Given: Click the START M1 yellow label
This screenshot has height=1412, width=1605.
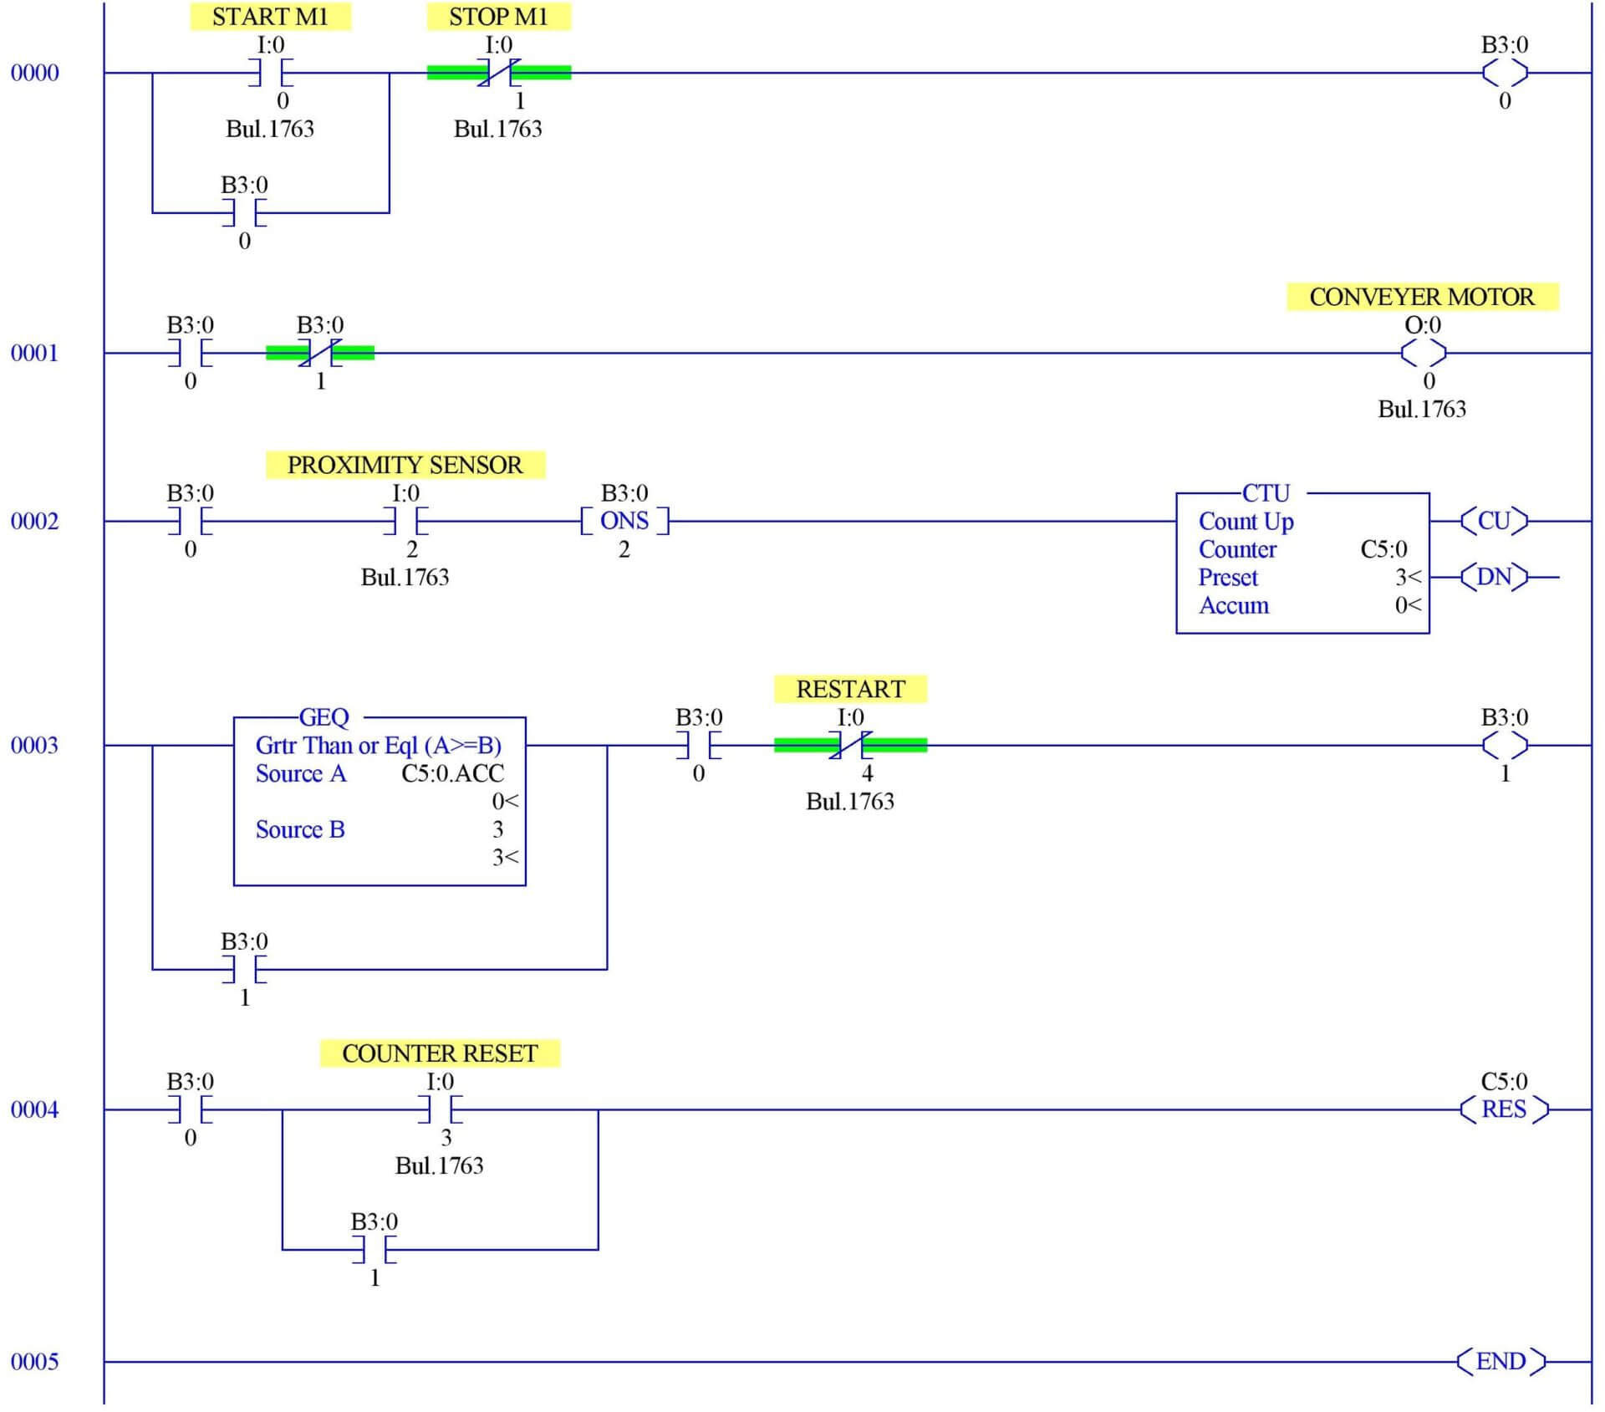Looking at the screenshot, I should tap(270, 17).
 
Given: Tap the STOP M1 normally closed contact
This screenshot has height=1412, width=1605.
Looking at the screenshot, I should tap(499, 73).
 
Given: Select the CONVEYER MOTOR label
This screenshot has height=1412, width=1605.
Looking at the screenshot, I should tap(1421, 297).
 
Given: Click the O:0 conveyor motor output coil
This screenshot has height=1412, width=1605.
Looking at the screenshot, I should tap(1423, 353).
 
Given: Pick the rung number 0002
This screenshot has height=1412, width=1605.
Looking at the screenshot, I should tap(34, 522).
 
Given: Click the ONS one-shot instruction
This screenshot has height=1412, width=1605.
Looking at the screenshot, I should tap(624, 521).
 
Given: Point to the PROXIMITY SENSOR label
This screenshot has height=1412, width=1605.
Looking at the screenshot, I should tap(405, 465).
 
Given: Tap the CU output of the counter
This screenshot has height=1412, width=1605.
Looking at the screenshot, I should tap(1494, 521).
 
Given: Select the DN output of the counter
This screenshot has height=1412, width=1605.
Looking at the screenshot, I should tap(1494, 577).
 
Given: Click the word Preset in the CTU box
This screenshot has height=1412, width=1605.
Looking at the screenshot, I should tap(1227, 578).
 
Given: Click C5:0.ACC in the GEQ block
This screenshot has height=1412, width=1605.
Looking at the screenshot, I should tap(452, 773).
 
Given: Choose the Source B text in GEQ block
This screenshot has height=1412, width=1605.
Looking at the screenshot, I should tap(299, 829).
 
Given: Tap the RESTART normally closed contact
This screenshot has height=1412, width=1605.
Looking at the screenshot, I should tap(850, 745).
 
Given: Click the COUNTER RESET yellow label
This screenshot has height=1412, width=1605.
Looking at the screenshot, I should tap(440, 1053).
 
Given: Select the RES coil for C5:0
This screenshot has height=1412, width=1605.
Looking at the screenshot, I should tap(1503, 1109).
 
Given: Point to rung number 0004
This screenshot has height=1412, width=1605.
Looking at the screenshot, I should tap(34, 1110).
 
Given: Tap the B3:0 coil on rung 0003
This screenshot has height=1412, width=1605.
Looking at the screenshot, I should tap(1504, 745).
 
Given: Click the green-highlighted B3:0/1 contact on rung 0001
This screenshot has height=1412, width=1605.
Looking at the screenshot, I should tap(320, 353).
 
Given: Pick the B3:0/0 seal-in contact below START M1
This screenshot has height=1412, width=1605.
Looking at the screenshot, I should tap(244, 213).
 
